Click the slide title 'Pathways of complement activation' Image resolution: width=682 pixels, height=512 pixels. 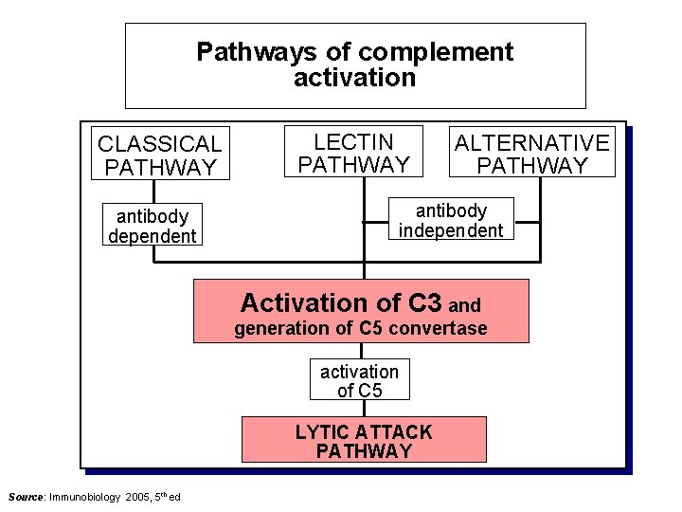pyautogui.click(x=355, y=64)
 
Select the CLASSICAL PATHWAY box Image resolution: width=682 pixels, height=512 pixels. pyautogui.click(x=159, y=155)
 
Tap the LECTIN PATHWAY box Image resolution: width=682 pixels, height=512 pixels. pyautogui.click(x=353, y=153)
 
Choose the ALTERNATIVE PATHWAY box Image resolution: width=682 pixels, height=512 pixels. pyautogui.click(x=531, y=154)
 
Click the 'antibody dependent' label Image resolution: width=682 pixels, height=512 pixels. pyautogui.click(x=152, y=226)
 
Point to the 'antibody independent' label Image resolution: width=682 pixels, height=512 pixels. pyautogui.click(x=451, y=220)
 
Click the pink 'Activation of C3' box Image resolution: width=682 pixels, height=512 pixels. pyautogui.click(x=361, y=311)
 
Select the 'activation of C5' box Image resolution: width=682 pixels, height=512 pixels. pyautogui.click(x=360, y=380)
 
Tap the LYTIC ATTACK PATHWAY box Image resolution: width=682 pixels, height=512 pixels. pyautogui.click(x=364, y=440)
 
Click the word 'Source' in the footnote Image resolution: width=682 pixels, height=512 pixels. pyautogui.click(x=25, y=497)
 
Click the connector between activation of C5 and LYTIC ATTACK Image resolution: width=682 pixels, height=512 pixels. pyautogui.click(x=361, y=409)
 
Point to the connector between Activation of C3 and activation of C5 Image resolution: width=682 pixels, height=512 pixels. pyautogui.click(x=361, y=351)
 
